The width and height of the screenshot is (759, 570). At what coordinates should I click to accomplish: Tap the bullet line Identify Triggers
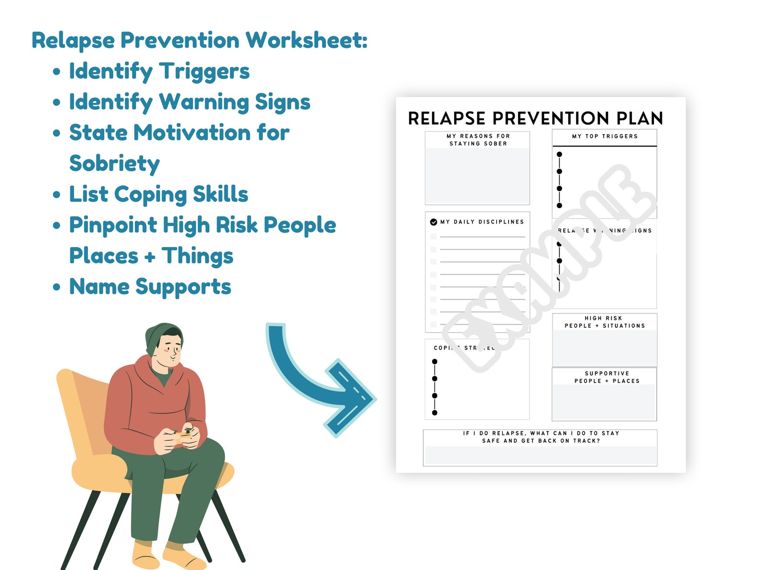click(159, 71)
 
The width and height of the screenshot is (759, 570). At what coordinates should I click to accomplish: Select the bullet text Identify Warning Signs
click(189, 102)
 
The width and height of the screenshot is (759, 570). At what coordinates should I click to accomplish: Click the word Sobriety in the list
click(114, 164)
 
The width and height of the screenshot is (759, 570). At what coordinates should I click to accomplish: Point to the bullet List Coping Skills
click(158, 194)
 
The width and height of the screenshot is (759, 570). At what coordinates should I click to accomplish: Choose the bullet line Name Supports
click(150, 287)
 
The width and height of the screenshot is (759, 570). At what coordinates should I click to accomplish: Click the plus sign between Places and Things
click(150, 257)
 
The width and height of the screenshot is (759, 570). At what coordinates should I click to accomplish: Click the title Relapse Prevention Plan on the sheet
click(535, 118)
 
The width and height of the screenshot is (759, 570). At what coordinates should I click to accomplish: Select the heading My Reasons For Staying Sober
click(478, 140)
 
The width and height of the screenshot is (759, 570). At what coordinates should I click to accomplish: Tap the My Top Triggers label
click(605, 136)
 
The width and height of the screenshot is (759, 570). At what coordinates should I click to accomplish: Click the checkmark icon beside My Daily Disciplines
click(434, 222)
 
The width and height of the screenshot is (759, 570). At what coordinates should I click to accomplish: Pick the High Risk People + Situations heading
click(604, 322)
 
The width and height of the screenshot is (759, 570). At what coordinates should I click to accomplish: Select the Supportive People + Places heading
click(607, 377)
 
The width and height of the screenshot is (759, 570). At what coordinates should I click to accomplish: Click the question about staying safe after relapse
click(541, 437)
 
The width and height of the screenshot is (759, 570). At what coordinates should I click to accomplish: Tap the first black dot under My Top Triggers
click(559, 155)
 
